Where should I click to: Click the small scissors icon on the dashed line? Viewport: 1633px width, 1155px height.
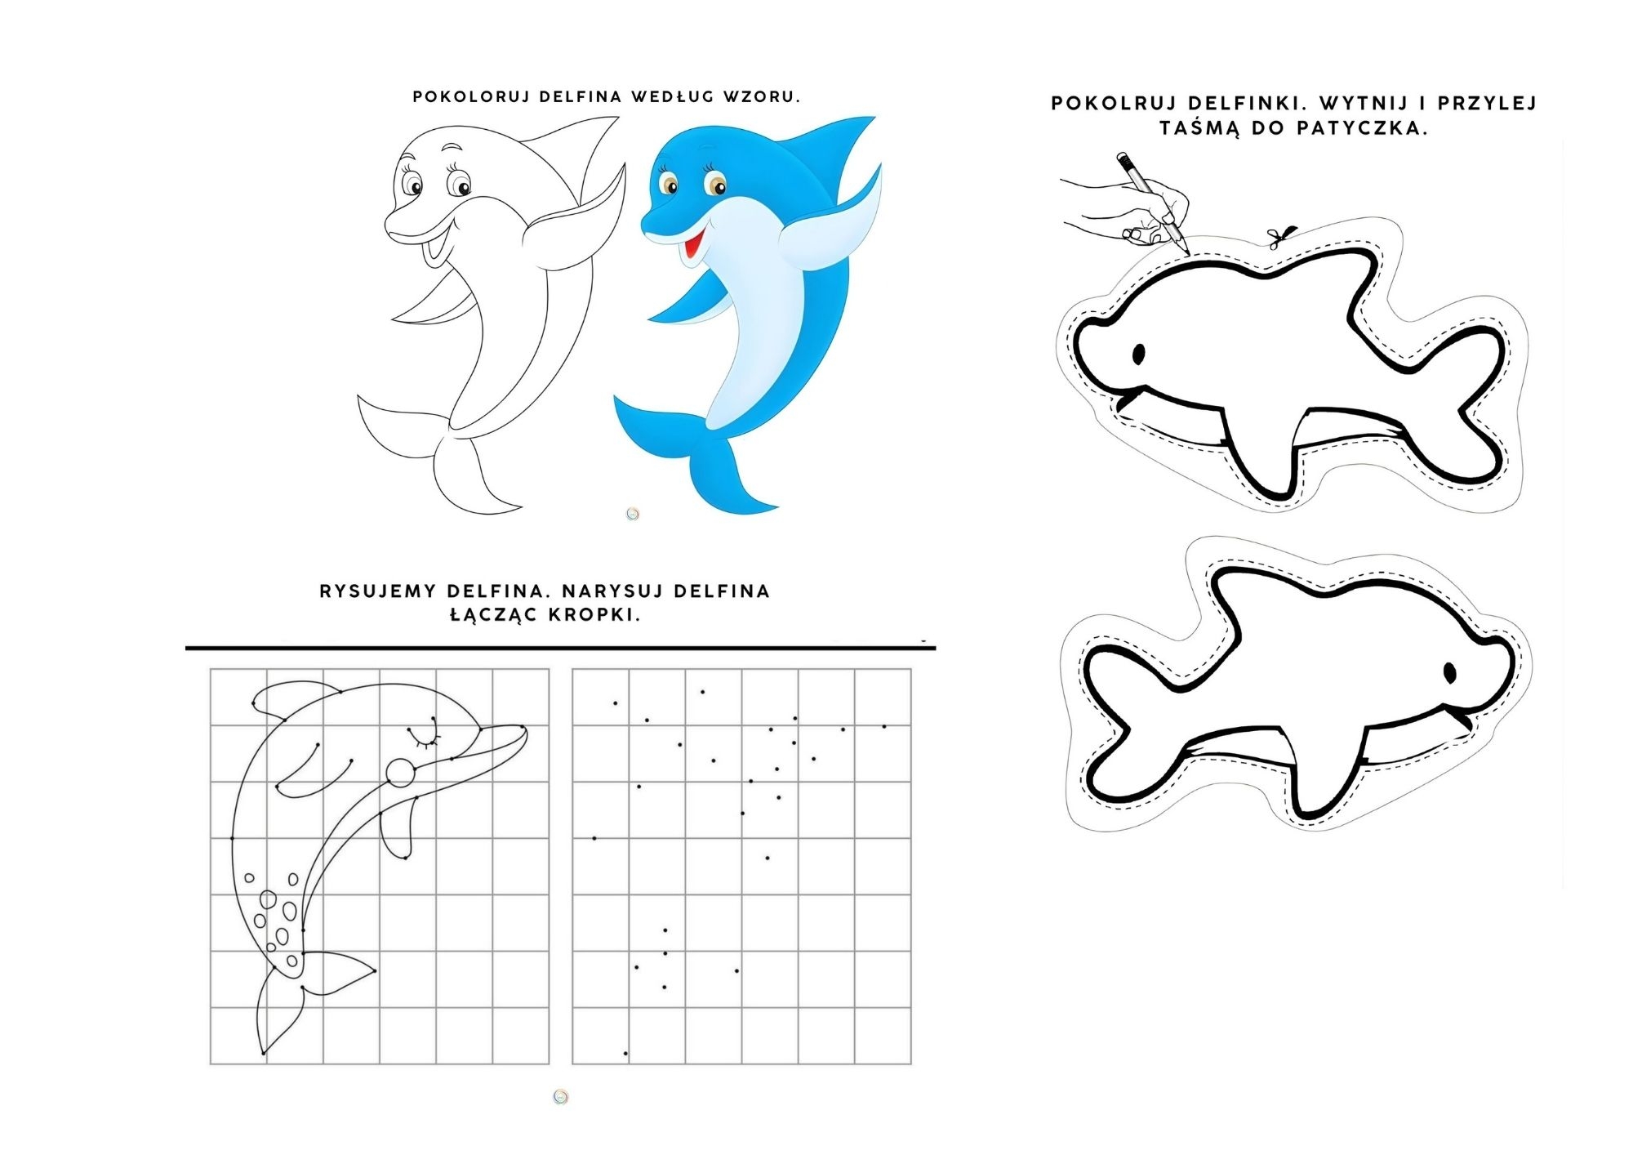[x=1279, y=237]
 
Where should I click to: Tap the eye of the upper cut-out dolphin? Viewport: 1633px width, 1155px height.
[x=1137, y=353]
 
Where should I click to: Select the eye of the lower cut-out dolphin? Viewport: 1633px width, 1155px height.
[x=1450, y=671]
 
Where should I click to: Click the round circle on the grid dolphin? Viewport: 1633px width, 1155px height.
[x=400, y=772]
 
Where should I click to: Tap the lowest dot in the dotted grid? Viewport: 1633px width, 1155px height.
[x=625, y=1054]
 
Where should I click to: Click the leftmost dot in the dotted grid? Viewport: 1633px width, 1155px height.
[x=594, y=838]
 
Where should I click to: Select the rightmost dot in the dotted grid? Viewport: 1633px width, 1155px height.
[x=884, y=726]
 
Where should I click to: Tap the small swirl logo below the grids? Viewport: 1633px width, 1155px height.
[x=560, y=1096]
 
